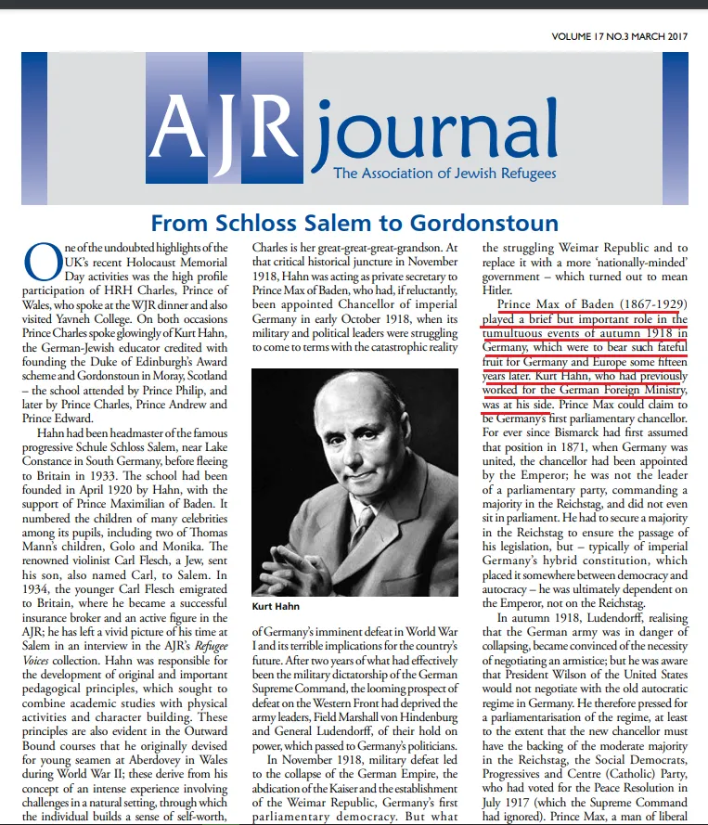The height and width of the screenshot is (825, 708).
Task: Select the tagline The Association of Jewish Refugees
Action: click(x=444, y=173)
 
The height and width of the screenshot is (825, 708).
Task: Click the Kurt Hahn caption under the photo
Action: click(x=276, y=607)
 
